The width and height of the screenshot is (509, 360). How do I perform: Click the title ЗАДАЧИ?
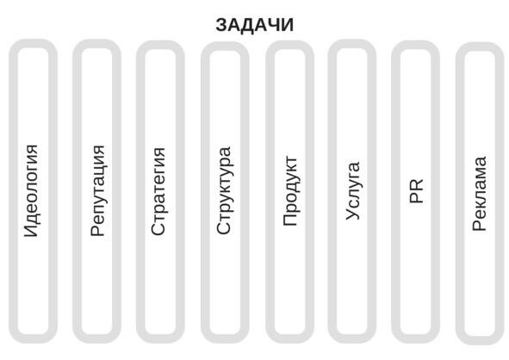coord(255,25)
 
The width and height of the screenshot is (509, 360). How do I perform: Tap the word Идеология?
coord(32,190)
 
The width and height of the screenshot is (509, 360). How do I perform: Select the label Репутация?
coord(97,190)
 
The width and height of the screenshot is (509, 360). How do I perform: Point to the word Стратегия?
coord(158,191)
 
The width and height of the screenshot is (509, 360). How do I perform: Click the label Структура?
coord(224,190)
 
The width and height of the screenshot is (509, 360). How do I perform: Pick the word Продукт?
coord(290,191)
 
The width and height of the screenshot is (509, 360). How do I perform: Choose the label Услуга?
coord(352,191)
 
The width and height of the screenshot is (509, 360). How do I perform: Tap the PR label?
coord(417,191)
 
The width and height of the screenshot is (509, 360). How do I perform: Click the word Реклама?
coord(480,194)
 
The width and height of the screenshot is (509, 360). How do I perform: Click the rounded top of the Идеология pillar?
coord(33,44)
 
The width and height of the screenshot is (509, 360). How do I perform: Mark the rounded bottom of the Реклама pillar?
coord(480,340)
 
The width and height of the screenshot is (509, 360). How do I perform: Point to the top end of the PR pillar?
coord(415,45)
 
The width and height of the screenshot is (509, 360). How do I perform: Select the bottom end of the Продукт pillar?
coord(290,339)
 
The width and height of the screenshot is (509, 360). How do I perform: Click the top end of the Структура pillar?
coord(225,46)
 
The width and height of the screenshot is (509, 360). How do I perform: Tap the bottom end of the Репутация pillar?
coord(96,339)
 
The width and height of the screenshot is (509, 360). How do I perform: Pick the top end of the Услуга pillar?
coord(352,44)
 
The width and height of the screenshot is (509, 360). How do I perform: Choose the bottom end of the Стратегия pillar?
coord(160,339)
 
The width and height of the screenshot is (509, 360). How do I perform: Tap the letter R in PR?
coord(417,185)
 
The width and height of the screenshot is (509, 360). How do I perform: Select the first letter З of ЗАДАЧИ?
coord(221,25)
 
